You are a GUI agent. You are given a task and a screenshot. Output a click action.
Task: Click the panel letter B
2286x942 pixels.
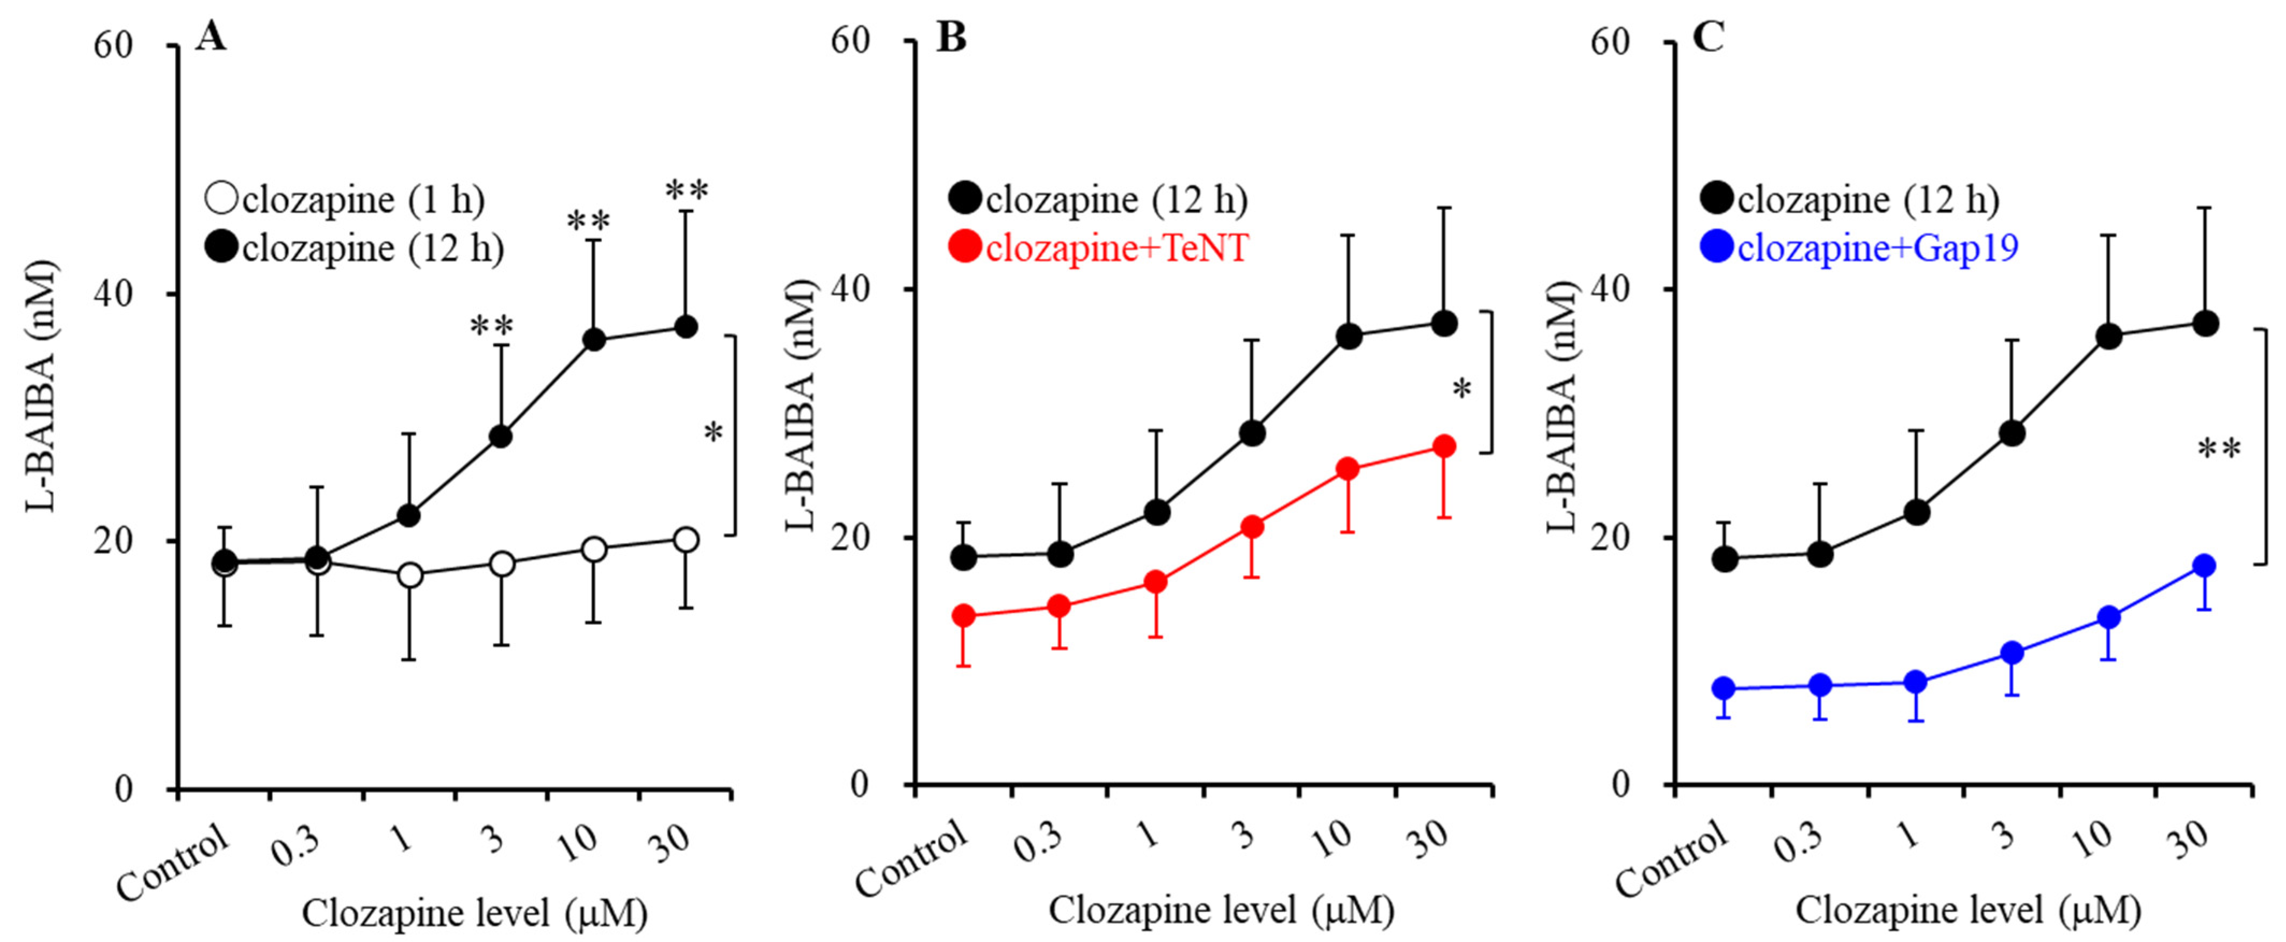[x=951, y=37]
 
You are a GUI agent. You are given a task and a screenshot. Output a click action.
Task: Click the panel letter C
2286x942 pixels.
[x=1708, y=37]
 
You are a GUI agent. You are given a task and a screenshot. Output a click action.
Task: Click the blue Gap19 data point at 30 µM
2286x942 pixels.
[x=2204, y=565]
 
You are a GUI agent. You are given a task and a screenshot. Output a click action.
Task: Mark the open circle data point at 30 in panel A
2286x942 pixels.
[x=685, y=539]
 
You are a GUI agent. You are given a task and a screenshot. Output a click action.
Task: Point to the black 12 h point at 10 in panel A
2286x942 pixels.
[x=594, y=340]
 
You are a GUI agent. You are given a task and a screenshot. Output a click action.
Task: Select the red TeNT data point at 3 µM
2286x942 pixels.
[x=1252, y=527]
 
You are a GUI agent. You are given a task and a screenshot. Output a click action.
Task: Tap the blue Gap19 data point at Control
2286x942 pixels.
[x=1723, y=688]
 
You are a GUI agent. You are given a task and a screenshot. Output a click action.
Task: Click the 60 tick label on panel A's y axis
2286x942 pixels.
[x=113, y=45]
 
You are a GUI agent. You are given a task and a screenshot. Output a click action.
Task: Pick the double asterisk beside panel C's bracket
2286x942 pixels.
[x=2218, y=450]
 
